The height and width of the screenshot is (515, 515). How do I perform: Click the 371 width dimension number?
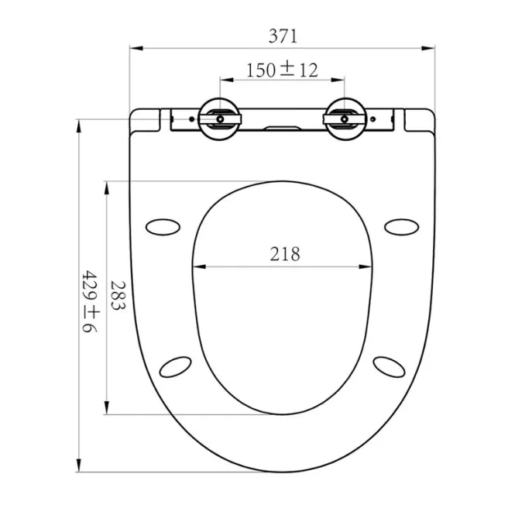point(283,36)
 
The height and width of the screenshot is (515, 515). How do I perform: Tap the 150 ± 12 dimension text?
point(282,70)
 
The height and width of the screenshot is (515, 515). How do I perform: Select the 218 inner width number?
point(285,254)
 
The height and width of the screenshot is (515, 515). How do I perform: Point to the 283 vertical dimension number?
point(118,295)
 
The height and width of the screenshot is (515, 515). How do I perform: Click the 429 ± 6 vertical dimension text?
point(90,301)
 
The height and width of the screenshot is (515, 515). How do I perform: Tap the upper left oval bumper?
point(163,227)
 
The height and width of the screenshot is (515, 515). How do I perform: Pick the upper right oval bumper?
point(401,227)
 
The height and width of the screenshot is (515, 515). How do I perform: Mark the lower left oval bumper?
point(175,367)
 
